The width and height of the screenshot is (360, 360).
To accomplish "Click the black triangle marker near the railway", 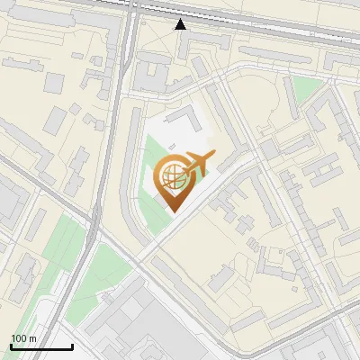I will [x=181, y=24].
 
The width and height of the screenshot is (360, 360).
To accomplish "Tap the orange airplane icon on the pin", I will [x=199, y=163].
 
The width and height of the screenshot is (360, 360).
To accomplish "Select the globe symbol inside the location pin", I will [x=172, y=176].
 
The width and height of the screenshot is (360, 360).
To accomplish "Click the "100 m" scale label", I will [x=23, y=337].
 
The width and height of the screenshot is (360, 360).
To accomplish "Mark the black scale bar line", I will [x=41, y=346].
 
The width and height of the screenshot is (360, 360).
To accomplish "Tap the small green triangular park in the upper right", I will [x=307, y=88].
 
